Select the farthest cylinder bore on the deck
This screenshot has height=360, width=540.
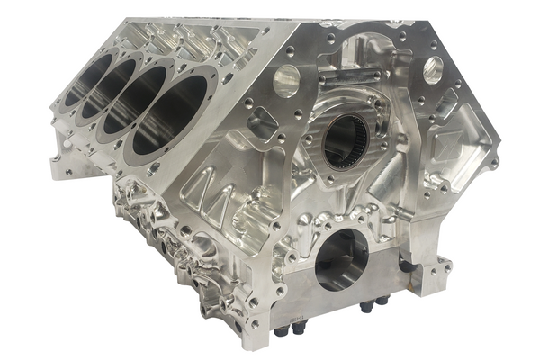88,80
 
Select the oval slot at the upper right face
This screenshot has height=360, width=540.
432,66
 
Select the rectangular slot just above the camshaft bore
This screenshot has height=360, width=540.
356,86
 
